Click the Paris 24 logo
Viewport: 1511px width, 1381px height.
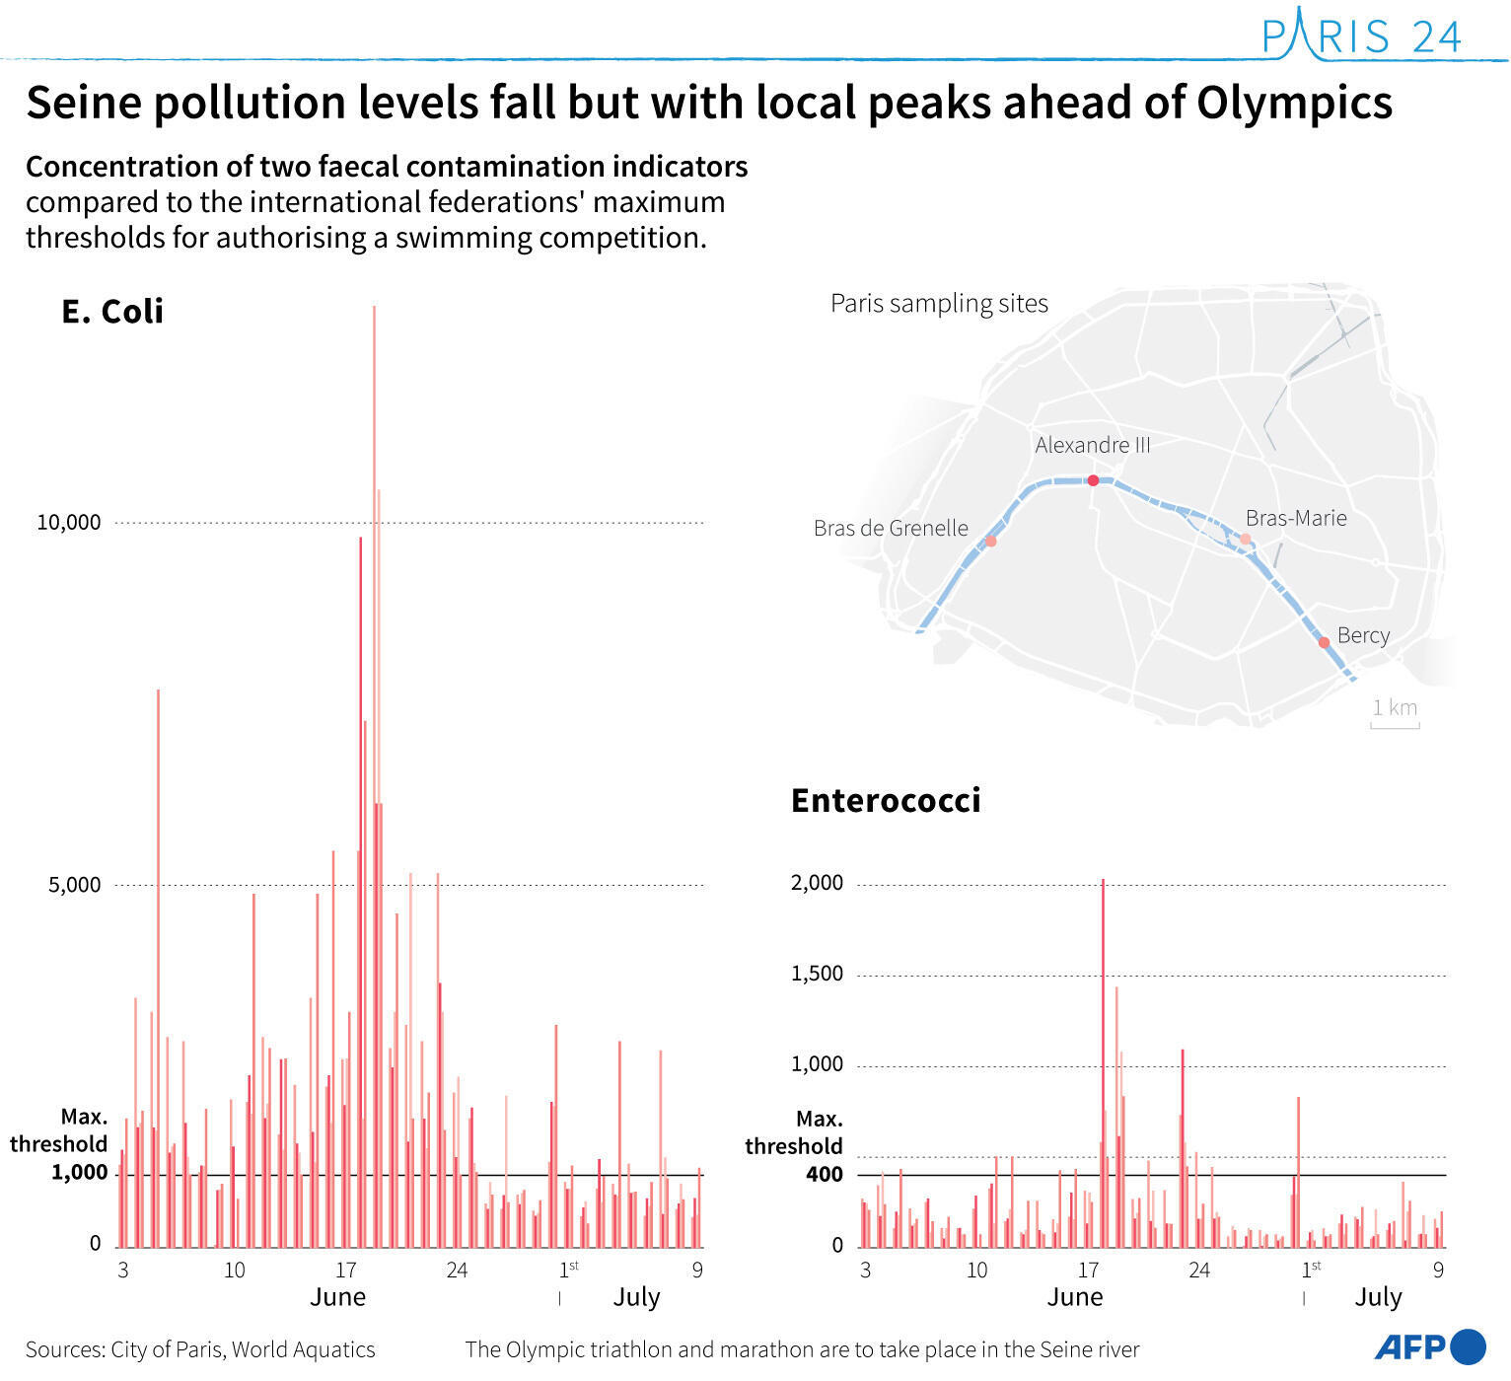(1361, 36)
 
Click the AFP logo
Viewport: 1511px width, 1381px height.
(1429, 1346)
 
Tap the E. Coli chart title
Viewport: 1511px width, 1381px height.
(112, 312)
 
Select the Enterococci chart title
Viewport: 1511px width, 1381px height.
(886, 800)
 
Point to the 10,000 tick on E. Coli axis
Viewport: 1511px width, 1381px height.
(69, 523)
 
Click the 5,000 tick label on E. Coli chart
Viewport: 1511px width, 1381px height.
(75, 885)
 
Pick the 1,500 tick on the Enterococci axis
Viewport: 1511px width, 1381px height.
(817, 974)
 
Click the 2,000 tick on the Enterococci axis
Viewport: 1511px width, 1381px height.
(817, 883)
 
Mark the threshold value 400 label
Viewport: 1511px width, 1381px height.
(824, 1174)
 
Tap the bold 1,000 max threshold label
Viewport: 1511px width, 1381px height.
(79, 1172)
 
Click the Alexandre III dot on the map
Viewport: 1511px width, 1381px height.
(1093, 480)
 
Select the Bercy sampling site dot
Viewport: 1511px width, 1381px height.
(1324, 642)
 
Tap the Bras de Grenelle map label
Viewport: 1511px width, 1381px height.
(891, 529)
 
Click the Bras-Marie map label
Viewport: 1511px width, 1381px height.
(1295, 519)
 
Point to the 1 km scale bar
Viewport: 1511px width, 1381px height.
(1395, 724)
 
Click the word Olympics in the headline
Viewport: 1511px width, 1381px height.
(1294, 103)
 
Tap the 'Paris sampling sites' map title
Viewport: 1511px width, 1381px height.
(939, 304)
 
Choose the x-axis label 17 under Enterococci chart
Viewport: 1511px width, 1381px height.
(1088, 1270)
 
